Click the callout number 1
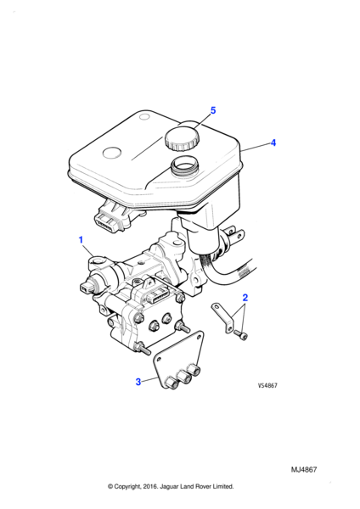[81, 240]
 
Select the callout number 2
[245, 298]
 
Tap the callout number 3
[138, 382]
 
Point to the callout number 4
[273, 143]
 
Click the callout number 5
[213, 110]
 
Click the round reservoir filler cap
[182, 139]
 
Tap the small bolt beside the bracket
[241, 335]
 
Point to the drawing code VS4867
[267, 385]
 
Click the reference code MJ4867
[303, 470]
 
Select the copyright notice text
[171, 486]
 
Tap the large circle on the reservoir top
[112, 153]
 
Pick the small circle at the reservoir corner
[143, 116]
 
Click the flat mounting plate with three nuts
[179, 360]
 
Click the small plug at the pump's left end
[87, 287]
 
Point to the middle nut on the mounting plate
[183, 378]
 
